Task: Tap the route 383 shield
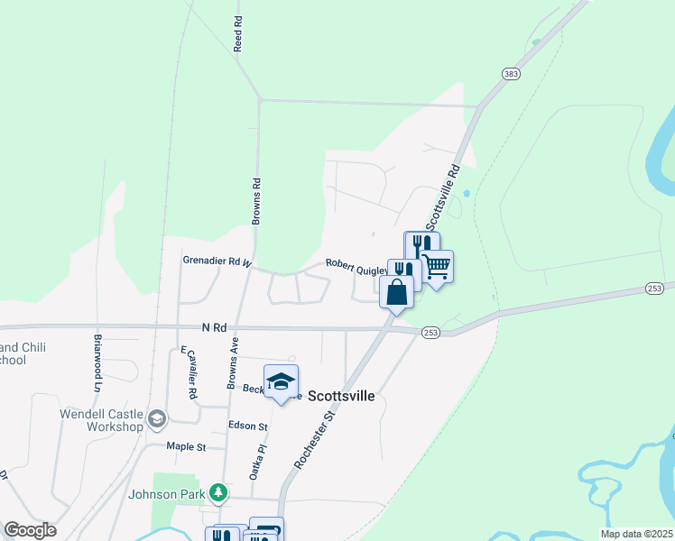point(511,75)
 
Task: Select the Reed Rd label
point(238,33)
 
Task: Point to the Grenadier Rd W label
point(216,261)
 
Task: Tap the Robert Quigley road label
point(357,264)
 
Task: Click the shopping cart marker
point(437,267)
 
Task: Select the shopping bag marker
point(397,292)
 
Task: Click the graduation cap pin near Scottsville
point(281,381)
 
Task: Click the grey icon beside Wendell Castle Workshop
point(157,418)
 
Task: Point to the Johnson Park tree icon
point(217,492)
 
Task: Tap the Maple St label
point(186,446)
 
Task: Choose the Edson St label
point(248,426)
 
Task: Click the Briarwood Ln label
point(97,363)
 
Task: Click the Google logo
point(30,530)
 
